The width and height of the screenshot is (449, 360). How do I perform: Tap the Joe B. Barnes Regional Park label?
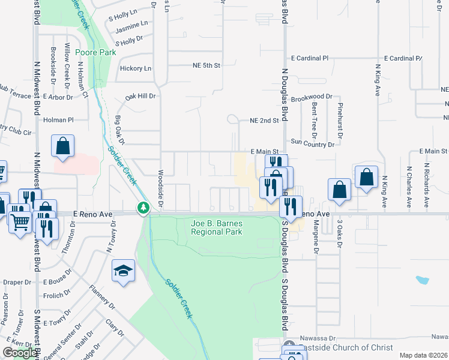[216, 227]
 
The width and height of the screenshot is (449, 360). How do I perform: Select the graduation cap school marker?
[123, 271]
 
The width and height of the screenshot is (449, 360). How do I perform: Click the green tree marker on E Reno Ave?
[143, 208]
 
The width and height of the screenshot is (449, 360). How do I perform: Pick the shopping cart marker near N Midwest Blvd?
[20, 223]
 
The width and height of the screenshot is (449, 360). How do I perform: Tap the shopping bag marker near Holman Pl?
[63, 146]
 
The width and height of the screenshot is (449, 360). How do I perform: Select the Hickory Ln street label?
[135, 68]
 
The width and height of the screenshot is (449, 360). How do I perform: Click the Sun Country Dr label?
[312, 145]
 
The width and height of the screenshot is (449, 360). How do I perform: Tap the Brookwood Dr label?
[311, 97]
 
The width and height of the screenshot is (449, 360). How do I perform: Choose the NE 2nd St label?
[264, 120]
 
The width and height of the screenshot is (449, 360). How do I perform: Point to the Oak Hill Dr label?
[140, 96]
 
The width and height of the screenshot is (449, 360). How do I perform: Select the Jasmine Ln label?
[131, 24]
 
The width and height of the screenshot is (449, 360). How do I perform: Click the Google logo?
[19, 353]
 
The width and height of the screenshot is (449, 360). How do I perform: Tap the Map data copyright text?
[424, 355]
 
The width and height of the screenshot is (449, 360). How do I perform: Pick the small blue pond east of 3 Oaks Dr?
[422, 280]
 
